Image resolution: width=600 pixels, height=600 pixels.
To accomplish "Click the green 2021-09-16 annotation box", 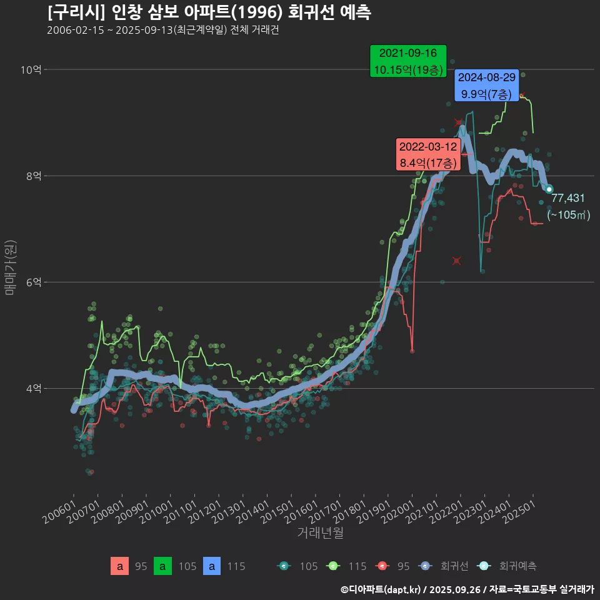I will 407,61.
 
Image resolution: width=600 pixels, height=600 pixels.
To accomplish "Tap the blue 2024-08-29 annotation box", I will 487,86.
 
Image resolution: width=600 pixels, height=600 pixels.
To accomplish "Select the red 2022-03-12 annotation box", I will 429,154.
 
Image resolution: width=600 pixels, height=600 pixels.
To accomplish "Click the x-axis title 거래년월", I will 320,533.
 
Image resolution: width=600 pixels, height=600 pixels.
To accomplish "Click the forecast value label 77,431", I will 568,198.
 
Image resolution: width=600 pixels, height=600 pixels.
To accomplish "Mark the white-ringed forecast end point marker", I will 549,189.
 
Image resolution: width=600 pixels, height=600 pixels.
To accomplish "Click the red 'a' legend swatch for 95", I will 119,566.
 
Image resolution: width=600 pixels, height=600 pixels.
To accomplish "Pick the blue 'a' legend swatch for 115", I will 213,566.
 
